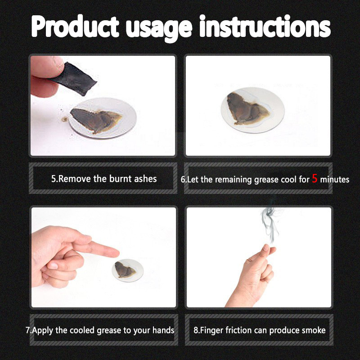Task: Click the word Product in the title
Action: tap(75, 26)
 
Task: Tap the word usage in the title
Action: tap(159, 29)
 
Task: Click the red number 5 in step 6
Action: tap(315, 178)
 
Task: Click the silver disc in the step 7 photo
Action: tap(128, 270)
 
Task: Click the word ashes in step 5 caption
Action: tap(145, 179)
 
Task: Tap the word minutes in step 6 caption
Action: tap(334, 179)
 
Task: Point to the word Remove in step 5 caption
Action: tap(75, 179)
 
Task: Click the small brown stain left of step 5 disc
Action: tap(64, 119)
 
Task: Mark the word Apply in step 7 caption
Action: tap(43, 331)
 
